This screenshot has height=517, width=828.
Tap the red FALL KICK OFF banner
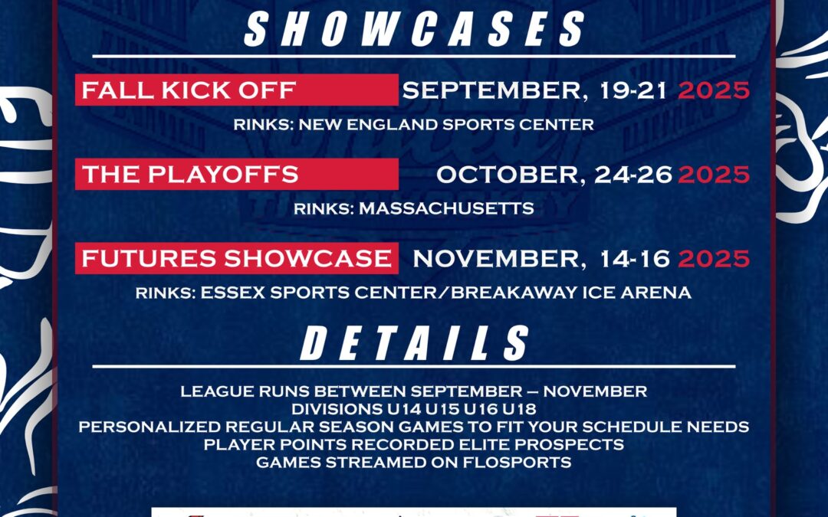237,90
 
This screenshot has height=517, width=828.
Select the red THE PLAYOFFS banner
237,174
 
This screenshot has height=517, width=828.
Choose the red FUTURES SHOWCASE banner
237,259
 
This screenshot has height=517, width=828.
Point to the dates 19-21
633,90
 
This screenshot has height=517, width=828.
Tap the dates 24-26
633,175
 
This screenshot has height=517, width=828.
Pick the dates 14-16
636,259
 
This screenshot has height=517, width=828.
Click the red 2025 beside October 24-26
714,175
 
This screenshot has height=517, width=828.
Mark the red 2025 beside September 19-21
714,90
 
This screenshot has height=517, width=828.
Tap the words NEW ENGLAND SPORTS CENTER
446,125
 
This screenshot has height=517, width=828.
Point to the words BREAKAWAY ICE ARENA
571,293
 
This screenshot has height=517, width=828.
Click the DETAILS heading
415,343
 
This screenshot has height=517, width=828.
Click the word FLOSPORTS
517,463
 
